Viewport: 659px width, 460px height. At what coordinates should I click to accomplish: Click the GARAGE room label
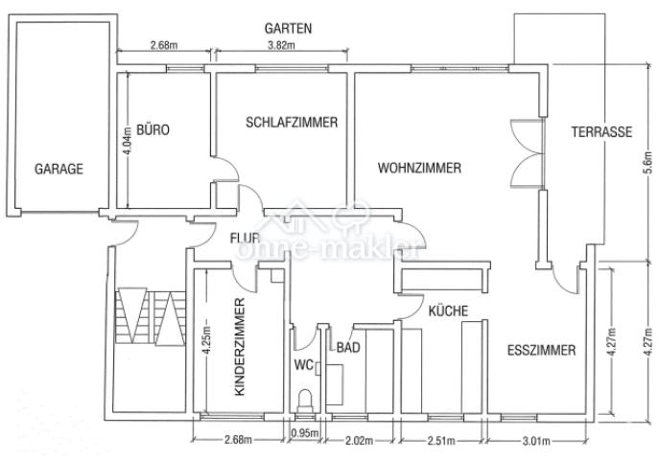tap(59, 168)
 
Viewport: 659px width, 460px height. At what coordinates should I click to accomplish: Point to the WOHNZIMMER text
tap(419, 168)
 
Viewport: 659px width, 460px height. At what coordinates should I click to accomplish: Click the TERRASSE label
tap(600, 132)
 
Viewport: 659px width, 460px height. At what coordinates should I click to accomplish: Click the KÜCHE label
tap(447, 310)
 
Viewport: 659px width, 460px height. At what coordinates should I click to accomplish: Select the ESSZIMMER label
tap(541, 351)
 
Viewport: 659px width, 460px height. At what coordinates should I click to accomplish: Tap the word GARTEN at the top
tap(289, 30)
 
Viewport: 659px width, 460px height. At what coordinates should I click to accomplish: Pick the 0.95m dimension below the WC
tap(305, 432)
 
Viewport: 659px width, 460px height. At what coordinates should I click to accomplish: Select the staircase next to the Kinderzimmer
tap(147, 315)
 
